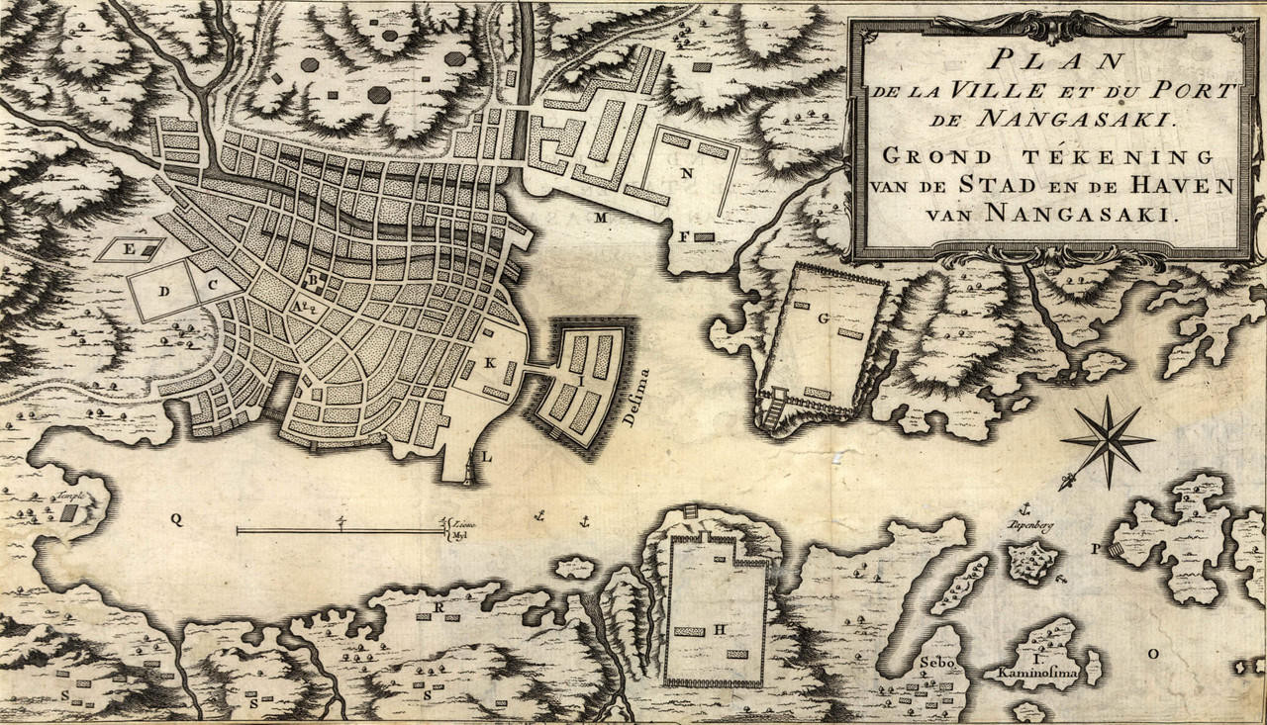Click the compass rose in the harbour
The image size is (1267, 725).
pyautogui.click(x=1107, y=441)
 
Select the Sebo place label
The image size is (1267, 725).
pyautogui.click(x=934, y=663)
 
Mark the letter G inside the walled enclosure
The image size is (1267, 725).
pyautogui.click(x=823, y=317)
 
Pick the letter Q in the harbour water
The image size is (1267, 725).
pyautogui.click(x=175, y=519)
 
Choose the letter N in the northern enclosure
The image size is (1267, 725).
pyautogui.click(x=685, y=172)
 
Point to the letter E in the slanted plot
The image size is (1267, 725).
pyautogui.click(x=129, y=248)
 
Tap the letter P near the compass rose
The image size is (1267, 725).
pyautogui.click(x=1096, y=548)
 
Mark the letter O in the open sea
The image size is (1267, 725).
pyautogui.click(x=1151, y=653)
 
